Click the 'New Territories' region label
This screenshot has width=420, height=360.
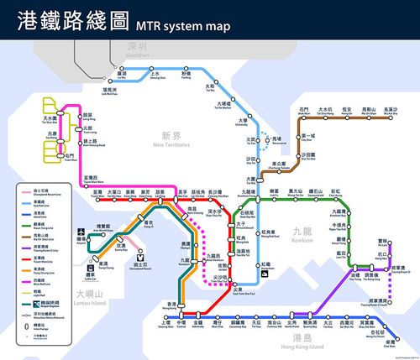tap(171, 140)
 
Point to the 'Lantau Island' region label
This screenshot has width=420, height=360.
tap(88, 298)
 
